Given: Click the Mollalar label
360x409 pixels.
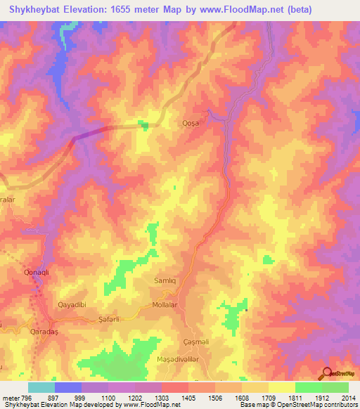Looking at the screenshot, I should click(167, 306).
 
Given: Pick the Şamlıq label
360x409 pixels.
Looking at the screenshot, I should click(167, 280).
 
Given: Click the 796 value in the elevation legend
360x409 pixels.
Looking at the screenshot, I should click(23, 397).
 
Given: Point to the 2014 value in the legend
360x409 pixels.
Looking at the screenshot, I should click(349, 397).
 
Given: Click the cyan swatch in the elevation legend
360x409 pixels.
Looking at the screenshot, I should click(41, 387).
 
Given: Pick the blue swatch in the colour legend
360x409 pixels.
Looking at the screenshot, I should click(68, 387).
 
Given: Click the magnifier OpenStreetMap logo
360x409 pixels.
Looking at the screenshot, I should click(327, 373).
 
